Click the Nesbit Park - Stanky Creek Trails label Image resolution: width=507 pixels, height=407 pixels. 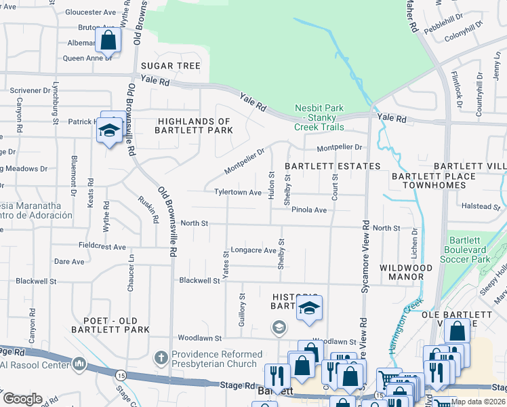pyautogui.click(x=319, y=117)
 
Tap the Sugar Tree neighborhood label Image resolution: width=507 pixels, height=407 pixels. pyautogui.click(x=171, y=66)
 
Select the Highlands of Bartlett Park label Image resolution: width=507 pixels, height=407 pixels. pyautogui.click(x=195, y=125)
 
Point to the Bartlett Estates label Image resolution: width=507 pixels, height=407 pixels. pyautogui.click(x=332, y=166)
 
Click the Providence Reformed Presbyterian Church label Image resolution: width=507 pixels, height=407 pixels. pyautogui.click(x=217, y=359)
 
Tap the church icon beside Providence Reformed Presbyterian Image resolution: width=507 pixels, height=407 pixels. pyautogui.click(x=161, y=356)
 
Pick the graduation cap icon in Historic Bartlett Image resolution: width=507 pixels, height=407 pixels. pyautogui.click(x=309, y=308)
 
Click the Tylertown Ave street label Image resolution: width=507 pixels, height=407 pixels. pyautogui.click(x=238, y=193)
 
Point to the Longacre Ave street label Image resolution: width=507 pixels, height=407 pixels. pyautogui.click(x=254, y=250)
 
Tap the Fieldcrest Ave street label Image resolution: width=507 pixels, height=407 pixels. pyautogui.click(x=102, y=247)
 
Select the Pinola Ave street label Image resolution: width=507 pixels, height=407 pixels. pyautogui.click(x=309, y=210)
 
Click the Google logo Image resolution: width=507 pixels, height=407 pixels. pyautogui.click(x=22, y=399)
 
